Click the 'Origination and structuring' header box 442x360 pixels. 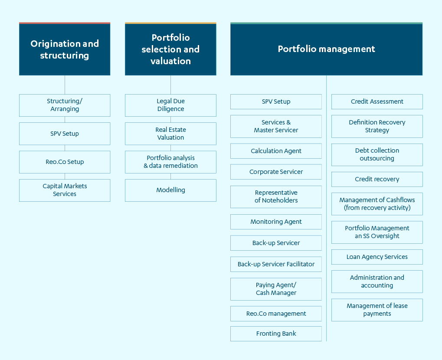coord(65,49)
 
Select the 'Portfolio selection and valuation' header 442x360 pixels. coord(170,49)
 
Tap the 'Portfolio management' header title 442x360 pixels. coord(327,49)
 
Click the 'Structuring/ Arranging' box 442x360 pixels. coord(65,105)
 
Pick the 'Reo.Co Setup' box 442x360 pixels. coord(65,162)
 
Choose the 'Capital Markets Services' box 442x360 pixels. coord(65,190)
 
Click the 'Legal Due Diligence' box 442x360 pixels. coord(170,105)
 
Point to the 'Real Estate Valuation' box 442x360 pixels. coord(170,134)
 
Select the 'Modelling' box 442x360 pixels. coord(170,190)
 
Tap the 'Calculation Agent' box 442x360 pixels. coord(276,151)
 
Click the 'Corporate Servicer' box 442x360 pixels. coord(276,172)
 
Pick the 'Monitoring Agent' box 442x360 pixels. coord(276,222)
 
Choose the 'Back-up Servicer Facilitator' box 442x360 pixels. coord(276,264)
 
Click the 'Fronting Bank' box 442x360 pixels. coord(276,334)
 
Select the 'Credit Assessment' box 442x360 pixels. coord(377,101)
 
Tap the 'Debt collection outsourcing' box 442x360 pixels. coord(377,154)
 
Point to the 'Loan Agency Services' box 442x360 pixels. coord(377,257)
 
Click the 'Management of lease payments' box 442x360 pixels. coord(377,310)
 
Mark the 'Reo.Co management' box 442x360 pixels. coord(276,314)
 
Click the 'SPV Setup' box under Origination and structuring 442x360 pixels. coord(65,134)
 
